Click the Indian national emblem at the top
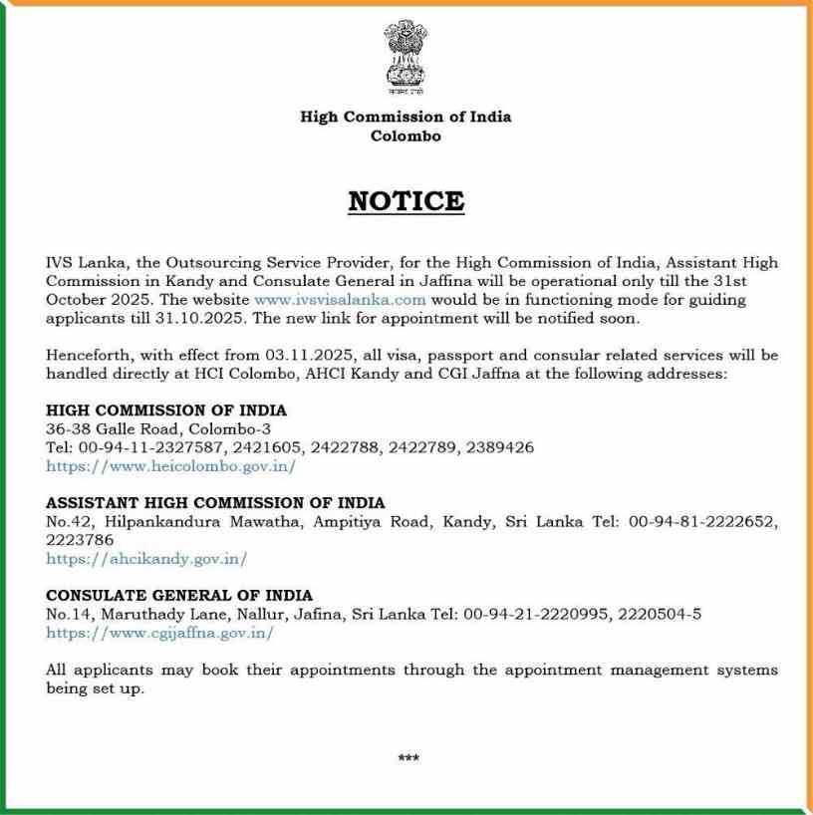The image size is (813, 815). [x=406, y=55]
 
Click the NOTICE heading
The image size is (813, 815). [x=406, y=201]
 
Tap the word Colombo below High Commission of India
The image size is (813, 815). [x=406, y=136]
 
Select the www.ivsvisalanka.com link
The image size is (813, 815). [x=340, y=299]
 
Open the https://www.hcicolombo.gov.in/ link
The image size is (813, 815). [x=170, y=465]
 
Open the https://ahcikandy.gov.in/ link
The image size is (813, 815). [x=146, y=559]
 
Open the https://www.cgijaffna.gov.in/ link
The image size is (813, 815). [x=159, y=633]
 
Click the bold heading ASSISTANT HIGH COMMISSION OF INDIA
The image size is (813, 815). [x=215, y=503]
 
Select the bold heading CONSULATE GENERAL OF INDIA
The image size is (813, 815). [x=179, y=596]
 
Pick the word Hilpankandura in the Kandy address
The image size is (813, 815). [x=144, y=522]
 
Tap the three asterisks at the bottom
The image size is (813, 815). [x=407, y=758]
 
